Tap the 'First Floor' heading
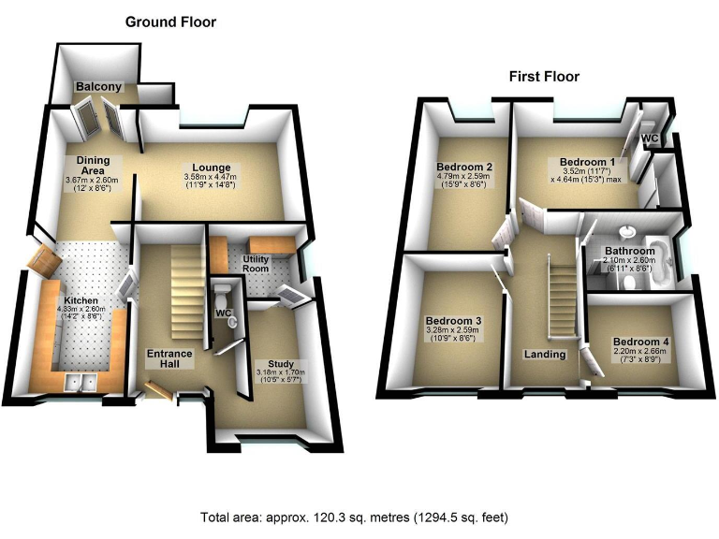(544, 77)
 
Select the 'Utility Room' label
(257, 264)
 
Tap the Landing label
(545, 355)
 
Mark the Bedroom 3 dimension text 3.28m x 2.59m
(453, 329)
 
